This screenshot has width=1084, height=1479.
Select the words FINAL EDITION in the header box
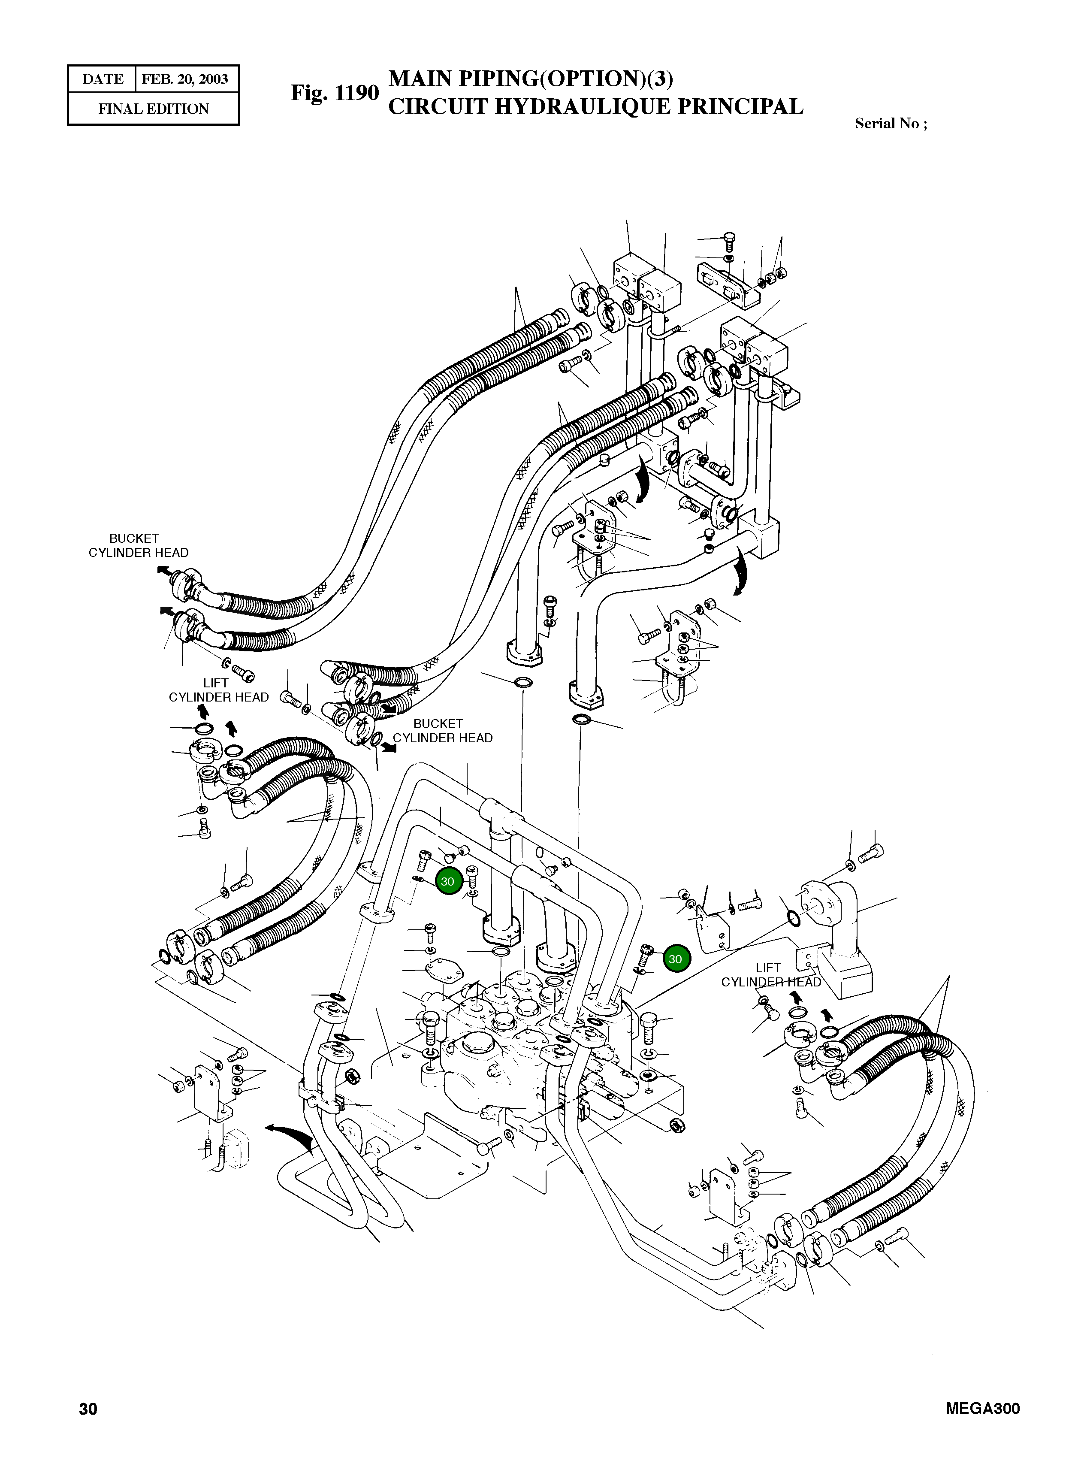point(154,109)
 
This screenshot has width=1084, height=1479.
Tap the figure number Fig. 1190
point(335,93)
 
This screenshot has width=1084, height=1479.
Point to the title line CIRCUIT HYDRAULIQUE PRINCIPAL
point(595,106)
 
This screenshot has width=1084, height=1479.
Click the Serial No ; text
point(891,124)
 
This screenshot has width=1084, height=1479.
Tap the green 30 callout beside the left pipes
point(447,881)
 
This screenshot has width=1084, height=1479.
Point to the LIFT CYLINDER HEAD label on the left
point(218,690)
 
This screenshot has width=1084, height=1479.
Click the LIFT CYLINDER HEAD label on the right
point(770,975)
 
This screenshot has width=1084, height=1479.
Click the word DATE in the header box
point(103,79)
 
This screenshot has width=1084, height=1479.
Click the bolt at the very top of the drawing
point(728,238)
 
